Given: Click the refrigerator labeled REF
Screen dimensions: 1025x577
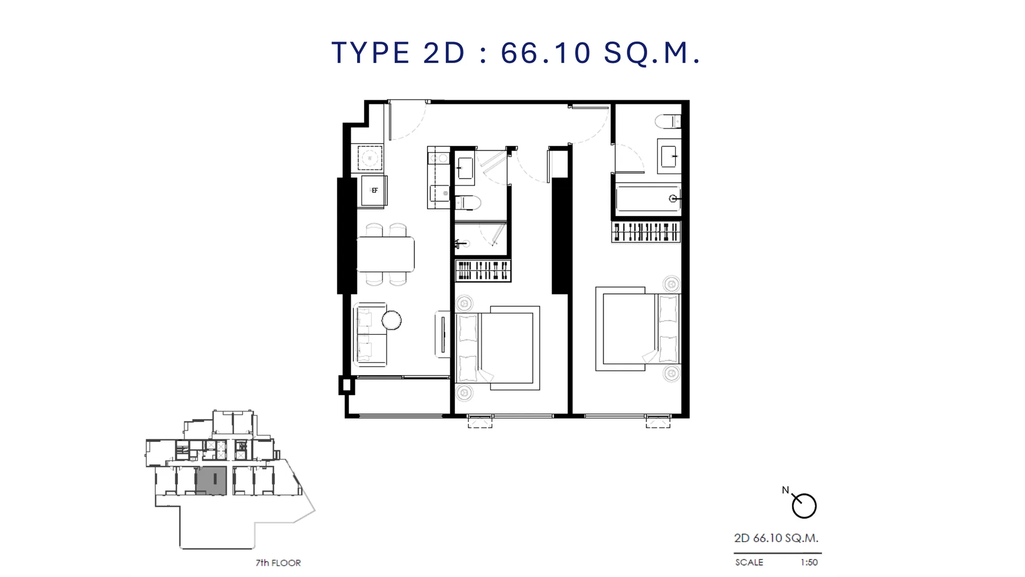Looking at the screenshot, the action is click(374, 190).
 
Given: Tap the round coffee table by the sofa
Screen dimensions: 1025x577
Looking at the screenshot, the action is click(392, 321).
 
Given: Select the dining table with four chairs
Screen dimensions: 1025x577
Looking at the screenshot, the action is click(385, 254).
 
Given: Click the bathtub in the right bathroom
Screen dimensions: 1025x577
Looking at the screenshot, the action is click(648, 198).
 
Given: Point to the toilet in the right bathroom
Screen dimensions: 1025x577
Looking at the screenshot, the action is click(668, 122).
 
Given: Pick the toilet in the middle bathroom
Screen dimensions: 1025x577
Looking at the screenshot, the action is click(468, 203).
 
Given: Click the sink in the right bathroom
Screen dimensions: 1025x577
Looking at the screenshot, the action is click(669, 156).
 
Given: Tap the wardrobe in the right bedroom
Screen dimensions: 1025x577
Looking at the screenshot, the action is click(646, 232).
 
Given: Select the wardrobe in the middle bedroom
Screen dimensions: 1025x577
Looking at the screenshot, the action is click(483, 270).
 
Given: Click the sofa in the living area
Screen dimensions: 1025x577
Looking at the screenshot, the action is click(370, 334).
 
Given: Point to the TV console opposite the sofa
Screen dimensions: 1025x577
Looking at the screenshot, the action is click(442, 334).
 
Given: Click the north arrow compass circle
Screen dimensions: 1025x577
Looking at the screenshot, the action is click(804, 506).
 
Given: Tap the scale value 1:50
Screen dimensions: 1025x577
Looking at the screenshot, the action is click(809, 563).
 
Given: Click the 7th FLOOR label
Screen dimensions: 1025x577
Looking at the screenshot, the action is click(278, 563).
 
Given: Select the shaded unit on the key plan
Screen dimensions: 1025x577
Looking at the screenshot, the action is click(211, 481).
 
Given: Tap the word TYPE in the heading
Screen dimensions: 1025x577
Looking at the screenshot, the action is click(371, 52).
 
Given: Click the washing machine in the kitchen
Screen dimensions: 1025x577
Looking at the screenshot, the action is click(370, 158).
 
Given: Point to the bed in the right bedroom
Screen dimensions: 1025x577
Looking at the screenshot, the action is click(638, 329).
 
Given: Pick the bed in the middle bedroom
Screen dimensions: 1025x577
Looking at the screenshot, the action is click(498, 348).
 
